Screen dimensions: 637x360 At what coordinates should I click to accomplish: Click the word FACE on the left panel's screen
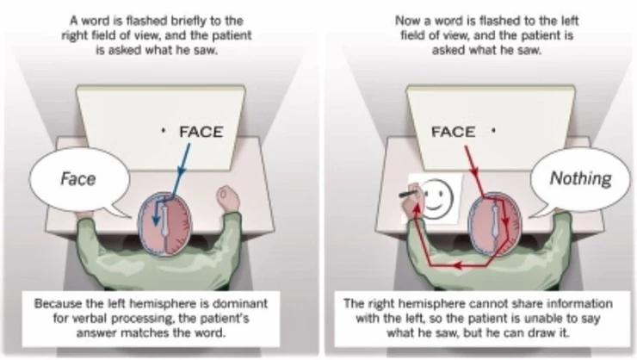tap(200, 132)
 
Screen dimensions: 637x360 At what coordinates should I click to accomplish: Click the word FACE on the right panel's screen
tap(453, 132)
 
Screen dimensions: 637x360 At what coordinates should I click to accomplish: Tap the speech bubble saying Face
tap(77, 179)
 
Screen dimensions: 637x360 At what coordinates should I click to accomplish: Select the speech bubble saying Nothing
tap(581, 179)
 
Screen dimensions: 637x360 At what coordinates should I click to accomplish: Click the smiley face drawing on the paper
tap(438, 198)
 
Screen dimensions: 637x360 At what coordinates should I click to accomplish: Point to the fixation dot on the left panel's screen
tap(162, 132)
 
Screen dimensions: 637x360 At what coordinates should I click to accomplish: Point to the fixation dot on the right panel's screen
tap(493, 132)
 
